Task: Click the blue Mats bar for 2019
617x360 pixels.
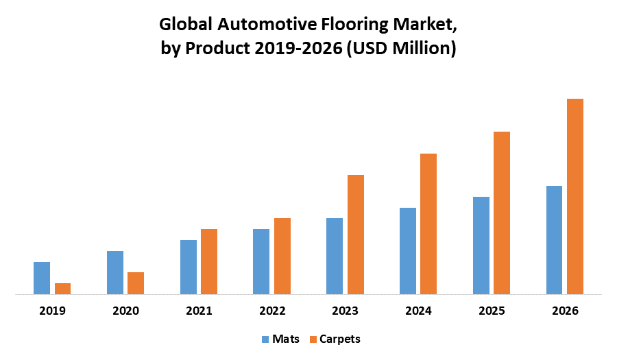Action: [x=42, y=278]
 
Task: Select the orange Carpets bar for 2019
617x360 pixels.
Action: [x=62, y=289]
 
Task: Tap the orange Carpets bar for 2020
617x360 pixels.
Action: [x=136, y=283]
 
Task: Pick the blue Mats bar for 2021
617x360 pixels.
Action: [x=189, y=267]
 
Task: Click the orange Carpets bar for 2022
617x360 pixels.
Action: [x=282, y=256]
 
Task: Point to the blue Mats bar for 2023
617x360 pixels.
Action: [x=335, y=256]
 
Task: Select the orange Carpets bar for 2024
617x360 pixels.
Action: [x=428, y=224]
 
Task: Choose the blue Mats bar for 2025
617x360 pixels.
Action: [x=481, y=245]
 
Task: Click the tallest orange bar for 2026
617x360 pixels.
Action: [x=574, y=196]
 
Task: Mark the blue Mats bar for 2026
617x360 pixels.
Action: [x=554, y=240]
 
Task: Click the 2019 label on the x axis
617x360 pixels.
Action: [x=52, y=311]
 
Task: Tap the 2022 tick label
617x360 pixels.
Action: [x=272, y=311]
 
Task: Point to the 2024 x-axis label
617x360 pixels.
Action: [x=418, y=311]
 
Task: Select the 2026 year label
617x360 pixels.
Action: [x=565, y=311]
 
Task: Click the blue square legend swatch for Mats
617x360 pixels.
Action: [x=265, y=339]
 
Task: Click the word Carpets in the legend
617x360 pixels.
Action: [x=339, y=339]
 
